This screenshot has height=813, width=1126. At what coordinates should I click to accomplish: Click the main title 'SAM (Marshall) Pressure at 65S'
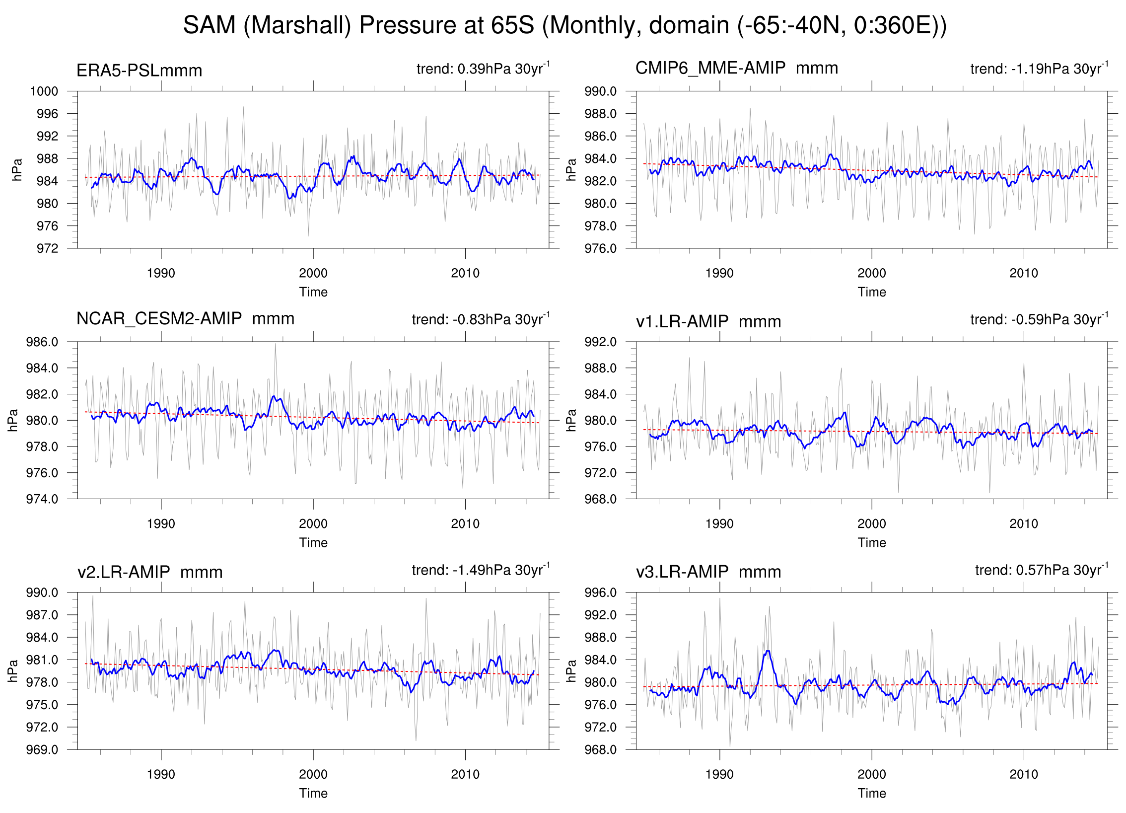click(564, 25)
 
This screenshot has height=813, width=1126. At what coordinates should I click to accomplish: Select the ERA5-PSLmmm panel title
click(139, 71)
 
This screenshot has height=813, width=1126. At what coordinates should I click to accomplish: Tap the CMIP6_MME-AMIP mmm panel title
click(736, 68)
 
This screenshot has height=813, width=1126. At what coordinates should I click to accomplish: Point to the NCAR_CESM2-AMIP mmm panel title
click(185, 318)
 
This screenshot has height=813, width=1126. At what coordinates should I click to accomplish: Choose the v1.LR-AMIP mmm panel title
click(708, 322)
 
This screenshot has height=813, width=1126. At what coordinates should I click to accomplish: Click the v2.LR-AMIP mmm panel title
click(150, 572)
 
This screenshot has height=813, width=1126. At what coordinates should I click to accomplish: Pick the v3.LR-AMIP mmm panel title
click(708, 572)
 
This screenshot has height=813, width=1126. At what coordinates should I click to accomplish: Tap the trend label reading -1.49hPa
click(481, 570)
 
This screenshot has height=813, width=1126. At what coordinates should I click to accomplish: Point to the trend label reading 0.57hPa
click(1042, 570)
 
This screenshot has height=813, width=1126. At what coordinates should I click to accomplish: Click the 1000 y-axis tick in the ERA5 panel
click(44, 91)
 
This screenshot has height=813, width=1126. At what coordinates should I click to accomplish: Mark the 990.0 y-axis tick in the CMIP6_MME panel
click(600, 91)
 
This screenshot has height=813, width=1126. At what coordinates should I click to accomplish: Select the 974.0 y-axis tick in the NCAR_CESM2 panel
click(42, 499)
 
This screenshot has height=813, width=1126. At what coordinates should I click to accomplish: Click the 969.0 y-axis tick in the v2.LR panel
click(42, 749)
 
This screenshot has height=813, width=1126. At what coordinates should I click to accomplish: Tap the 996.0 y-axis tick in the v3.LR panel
click(600, 592)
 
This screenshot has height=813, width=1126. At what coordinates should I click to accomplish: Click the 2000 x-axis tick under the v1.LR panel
click(871, 523)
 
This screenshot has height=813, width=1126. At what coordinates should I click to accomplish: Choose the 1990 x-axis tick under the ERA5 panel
click(161, 273)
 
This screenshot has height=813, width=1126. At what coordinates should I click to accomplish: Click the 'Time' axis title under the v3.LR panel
click(871, 793)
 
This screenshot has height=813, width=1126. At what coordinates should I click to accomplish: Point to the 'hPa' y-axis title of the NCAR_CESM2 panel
click(13, 420)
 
